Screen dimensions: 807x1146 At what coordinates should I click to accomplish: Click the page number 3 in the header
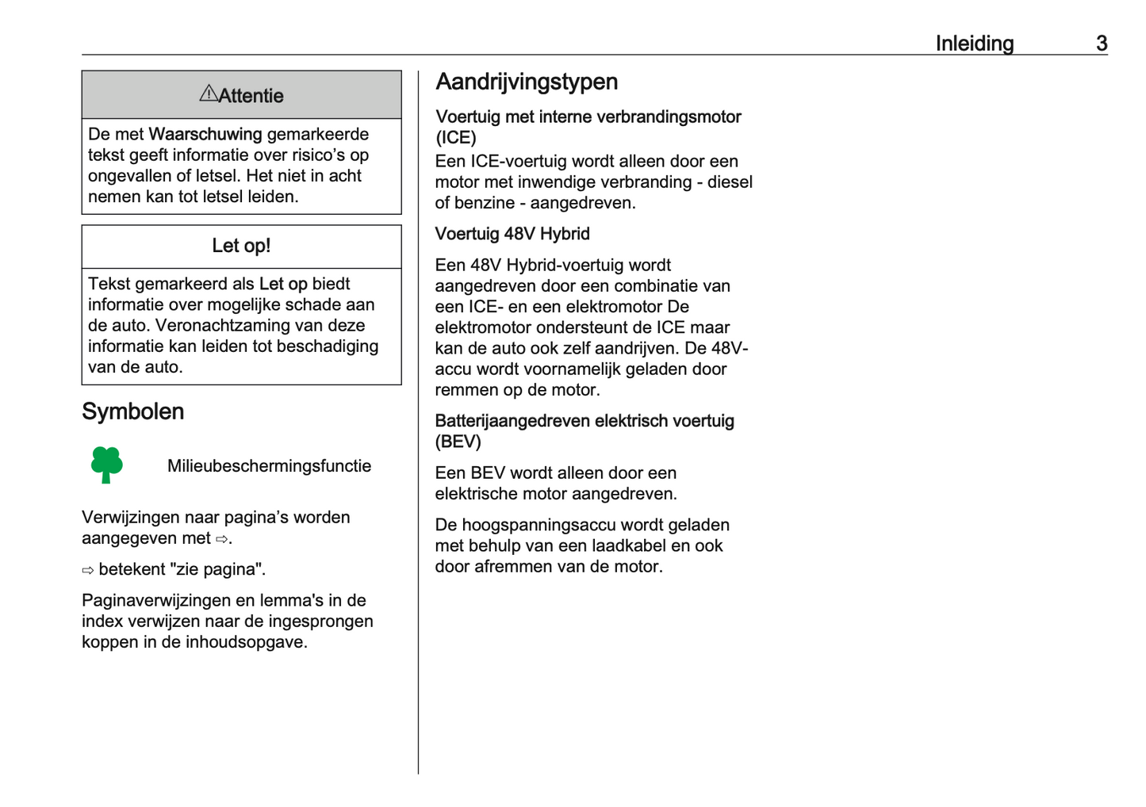1102,44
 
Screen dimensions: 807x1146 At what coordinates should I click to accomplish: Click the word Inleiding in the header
974,44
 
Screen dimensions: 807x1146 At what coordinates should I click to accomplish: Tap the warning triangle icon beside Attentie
208,94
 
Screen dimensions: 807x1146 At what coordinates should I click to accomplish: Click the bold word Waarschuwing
205,134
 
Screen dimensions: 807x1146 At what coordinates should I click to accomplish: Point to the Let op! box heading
241,246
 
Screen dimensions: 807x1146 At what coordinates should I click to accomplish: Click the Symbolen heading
132,411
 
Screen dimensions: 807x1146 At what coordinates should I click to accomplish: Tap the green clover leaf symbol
106,465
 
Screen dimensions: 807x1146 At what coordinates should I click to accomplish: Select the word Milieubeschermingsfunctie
269,466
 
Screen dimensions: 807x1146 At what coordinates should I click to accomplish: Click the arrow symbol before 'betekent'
88,570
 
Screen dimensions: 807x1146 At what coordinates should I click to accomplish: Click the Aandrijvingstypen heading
527,82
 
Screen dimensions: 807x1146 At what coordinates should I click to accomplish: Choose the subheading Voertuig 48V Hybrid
512,234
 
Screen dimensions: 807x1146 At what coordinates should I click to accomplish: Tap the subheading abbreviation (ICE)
456,138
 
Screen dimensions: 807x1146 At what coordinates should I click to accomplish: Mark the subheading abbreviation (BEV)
458,442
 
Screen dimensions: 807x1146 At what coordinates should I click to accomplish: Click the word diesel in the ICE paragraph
730,182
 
